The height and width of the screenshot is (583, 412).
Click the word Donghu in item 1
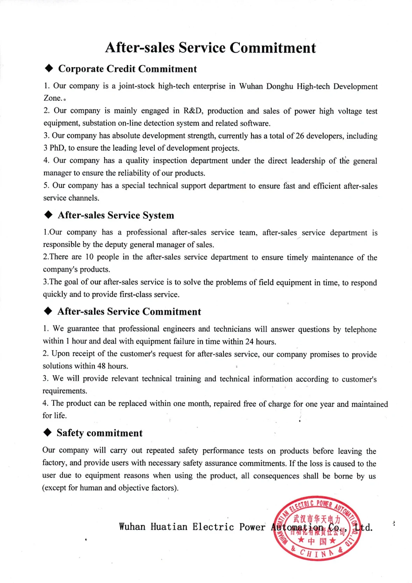279,86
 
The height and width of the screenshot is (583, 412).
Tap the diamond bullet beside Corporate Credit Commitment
49,69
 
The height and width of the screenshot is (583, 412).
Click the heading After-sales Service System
116,215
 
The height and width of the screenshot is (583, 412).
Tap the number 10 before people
89,257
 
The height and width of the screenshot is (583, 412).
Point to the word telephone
360,329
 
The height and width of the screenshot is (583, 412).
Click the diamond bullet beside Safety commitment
48,433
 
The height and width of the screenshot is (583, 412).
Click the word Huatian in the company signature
169,527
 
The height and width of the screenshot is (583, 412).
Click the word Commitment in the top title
272,48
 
